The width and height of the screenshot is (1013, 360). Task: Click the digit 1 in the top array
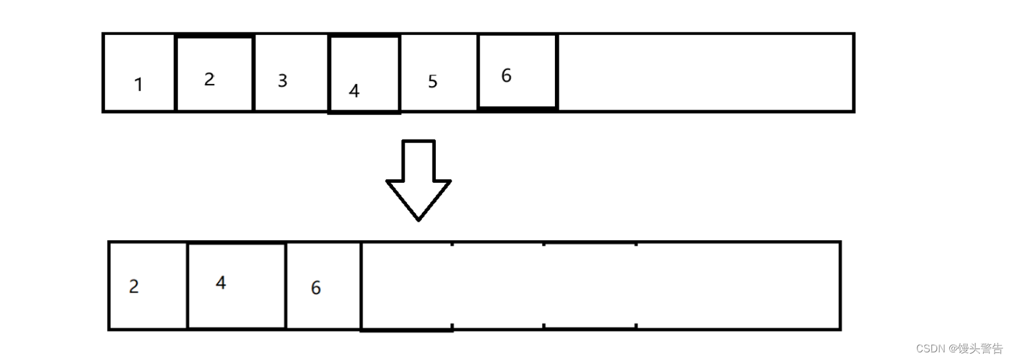pos(138,84)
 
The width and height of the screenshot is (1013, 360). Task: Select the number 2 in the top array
pos(210,79)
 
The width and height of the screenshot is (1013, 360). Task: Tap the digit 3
pos(282,81)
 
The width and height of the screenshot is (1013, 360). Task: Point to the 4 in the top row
pos(354,91)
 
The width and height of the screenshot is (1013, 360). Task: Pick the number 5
pos(433,82)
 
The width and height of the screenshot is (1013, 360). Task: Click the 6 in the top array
pos(506,76)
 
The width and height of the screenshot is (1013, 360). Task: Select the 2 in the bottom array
pos(134,286)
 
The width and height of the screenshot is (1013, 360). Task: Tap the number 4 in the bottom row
pos(221,283)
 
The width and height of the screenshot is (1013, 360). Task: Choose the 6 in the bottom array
pos(316,288)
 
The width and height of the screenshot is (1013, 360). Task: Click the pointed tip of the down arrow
pos(419,218)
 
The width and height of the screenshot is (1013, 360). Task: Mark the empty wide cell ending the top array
pos(705,73)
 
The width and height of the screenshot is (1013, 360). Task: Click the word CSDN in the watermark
pos(931,349)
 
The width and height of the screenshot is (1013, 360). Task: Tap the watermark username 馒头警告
pos(981,349)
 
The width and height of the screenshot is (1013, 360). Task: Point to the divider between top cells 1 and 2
pos(175,73)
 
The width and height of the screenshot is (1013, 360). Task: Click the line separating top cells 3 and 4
pos(329,73)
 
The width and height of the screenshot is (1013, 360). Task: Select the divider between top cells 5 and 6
pos(478,73)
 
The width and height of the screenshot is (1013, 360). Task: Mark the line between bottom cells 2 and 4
pos(187,285)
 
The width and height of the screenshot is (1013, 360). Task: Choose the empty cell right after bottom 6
pos(406,285)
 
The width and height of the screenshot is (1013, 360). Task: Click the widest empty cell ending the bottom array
pos(738,285)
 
